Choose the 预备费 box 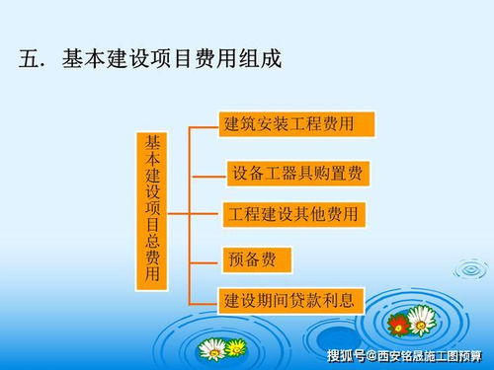click(256, 259)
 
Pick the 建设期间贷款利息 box click(291, 298)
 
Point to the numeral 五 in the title click(29, 59)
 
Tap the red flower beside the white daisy click(399, 324)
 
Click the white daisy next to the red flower click(422, 318)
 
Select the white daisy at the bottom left click(211, 349)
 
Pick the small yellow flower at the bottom click(236, 347)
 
